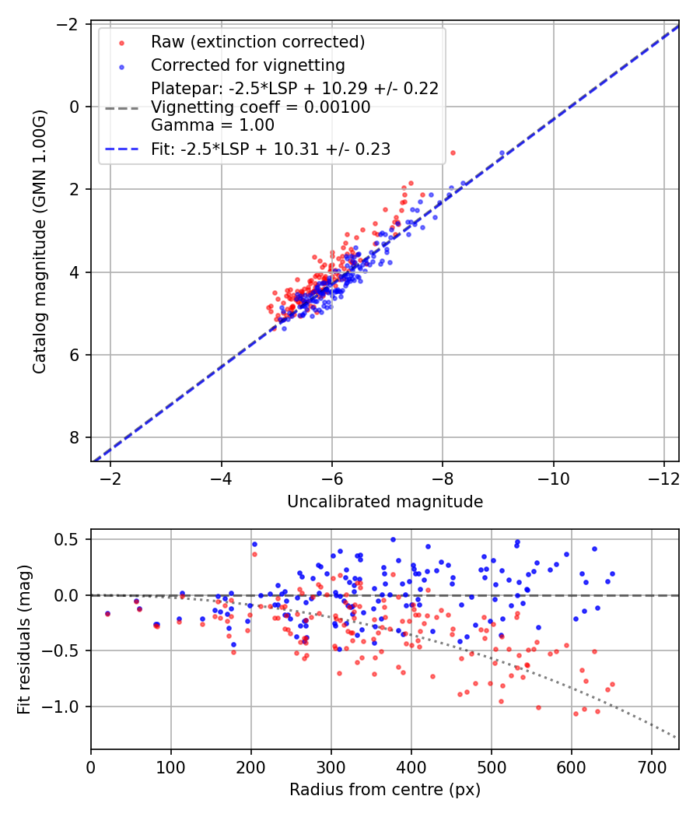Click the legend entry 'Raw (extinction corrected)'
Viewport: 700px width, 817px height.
pyautogui.click(x=257, y=41)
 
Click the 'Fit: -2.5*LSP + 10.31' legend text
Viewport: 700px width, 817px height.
pyautogui.click(x=271, y=149)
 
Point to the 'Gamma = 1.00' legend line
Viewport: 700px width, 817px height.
pyautogui.click(x=212, y=124)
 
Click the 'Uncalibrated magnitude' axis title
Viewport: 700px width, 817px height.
pyautogui.click(x=385, y=502)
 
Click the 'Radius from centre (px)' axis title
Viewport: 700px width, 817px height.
pyautogui.click(x=385, y=790)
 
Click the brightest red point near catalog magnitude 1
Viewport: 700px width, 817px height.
pyautogui.click(x=453, y=153)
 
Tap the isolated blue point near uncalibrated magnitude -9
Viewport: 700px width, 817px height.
pyautogui.click(x=502, y=153)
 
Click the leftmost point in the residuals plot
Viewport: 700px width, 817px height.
pyautogui.click(x=107, y=613)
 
